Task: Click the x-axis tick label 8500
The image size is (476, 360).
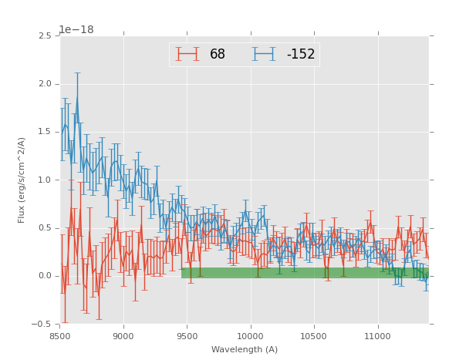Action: click(x=60, y=336)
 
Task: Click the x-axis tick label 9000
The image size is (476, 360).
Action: click(x=123, y=336)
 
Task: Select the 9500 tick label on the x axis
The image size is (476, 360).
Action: click(x=187, y=336)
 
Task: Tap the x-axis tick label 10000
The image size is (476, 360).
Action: click(x=251, y=336)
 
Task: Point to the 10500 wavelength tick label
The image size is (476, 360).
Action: click(x=314, y=336)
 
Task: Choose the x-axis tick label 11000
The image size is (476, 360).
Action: click(x=377, y=336)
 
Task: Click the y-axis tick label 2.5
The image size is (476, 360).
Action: click(x=46, y=36)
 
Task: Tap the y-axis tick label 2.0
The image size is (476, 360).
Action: click(x=46, y=84)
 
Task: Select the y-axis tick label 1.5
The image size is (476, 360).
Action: click(x=46, y=132)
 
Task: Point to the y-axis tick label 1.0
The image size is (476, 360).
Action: click(x=46, y=180)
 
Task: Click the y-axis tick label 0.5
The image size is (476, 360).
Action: click(x=46, y=228)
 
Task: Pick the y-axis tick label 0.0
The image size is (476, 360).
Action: click(x=46, y=276)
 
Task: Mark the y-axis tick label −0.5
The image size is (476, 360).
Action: click(x=43, y=324)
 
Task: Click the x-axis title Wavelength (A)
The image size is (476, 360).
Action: click(x=245, y=349)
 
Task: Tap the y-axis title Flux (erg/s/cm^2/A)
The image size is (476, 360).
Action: click(x=22, y=180)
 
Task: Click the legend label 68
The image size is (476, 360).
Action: click(x=218, y=55)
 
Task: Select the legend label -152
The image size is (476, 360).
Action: click(x=301, y=55)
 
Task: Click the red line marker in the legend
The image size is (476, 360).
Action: click(x=187, y=54)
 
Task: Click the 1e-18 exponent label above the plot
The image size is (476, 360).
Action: click(x=76, y=30)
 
